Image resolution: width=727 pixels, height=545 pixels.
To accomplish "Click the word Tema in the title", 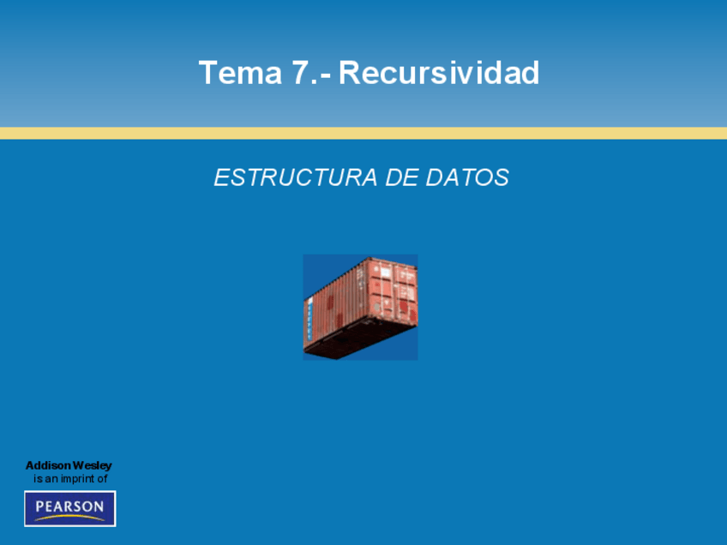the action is coord(240,73).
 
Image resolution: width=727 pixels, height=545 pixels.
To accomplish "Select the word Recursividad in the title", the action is coord(439,72).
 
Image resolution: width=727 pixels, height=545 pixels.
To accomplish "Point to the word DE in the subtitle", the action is coord(401,177).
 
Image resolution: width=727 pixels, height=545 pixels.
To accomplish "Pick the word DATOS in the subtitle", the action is coord(467,177).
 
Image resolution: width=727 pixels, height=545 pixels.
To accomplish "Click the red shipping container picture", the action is coord(360,308).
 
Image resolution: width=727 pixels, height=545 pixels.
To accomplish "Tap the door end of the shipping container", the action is coord(394,290).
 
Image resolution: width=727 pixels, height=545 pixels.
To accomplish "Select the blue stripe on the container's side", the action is coord(309,320).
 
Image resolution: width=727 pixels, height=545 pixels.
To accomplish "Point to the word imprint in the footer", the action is coord(76,479).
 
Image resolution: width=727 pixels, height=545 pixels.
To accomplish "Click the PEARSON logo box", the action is coord(70,508).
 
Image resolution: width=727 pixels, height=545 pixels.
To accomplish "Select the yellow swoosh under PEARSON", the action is coord(70,518).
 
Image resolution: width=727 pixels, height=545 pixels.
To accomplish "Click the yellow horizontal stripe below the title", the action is coord(363,133).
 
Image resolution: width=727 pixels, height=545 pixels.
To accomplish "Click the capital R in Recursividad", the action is coord(350,73).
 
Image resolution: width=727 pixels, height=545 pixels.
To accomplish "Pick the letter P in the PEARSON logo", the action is coord(40,506).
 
